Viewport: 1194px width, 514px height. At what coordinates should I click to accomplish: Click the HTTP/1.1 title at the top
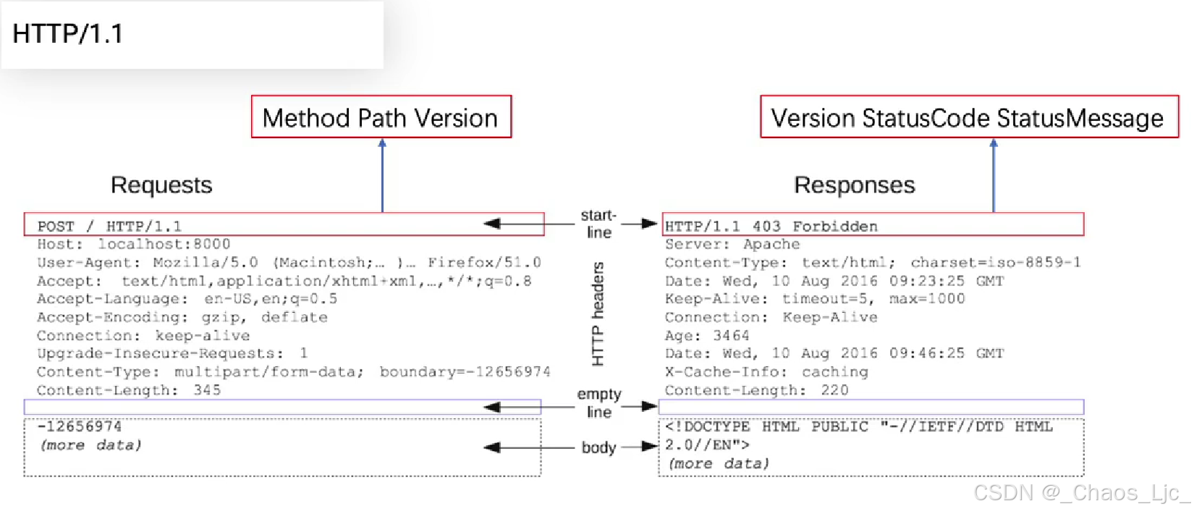coord(68,34)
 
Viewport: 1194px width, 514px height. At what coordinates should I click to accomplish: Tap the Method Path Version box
coord(381,117)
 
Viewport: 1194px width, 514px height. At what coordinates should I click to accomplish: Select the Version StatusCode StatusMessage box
coord(968,118)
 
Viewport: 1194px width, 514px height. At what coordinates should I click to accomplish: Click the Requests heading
coord(161,185)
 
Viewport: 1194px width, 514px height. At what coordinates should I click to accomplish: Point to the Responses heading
coord(855,185)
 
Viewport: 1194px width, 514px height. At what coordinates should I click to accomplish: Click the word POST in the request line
coord(56,227)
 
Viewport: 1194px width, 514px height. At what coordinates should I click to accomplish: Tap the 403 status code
coord(766,227)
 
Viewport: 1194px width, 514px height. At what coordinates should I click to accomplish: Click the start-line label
coord(598,224)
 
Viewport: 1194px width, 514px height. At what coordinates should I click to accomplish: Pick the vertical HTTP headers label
coord(598,314)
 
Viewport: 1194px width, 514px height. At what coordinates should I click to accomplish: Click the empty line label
coord(599,403)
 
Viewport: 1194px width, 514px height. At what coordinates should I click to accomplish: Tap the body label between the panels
coord(598,447)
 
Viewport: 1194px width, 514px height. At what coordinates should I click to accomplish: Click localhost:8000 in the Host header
coord(164,245)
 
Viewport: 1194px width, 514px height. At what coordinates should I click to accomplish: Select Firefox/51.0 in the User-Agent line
coord(484,263)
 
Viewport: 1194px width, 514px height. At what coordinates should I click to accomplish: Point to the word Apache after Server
coord(771,245)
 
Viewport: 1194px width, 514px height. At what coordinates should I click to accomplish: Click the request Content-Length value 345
coord(207,390)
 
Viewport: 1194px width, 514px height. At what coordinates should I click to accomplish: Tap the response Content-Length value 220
coord(834,390)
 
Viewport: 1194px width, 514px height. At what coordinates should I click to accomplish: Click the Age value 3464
coord(731,336)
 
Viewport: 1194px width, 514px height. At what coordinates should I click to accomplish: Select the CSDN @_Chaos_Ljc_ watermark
coord(1081,493)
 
